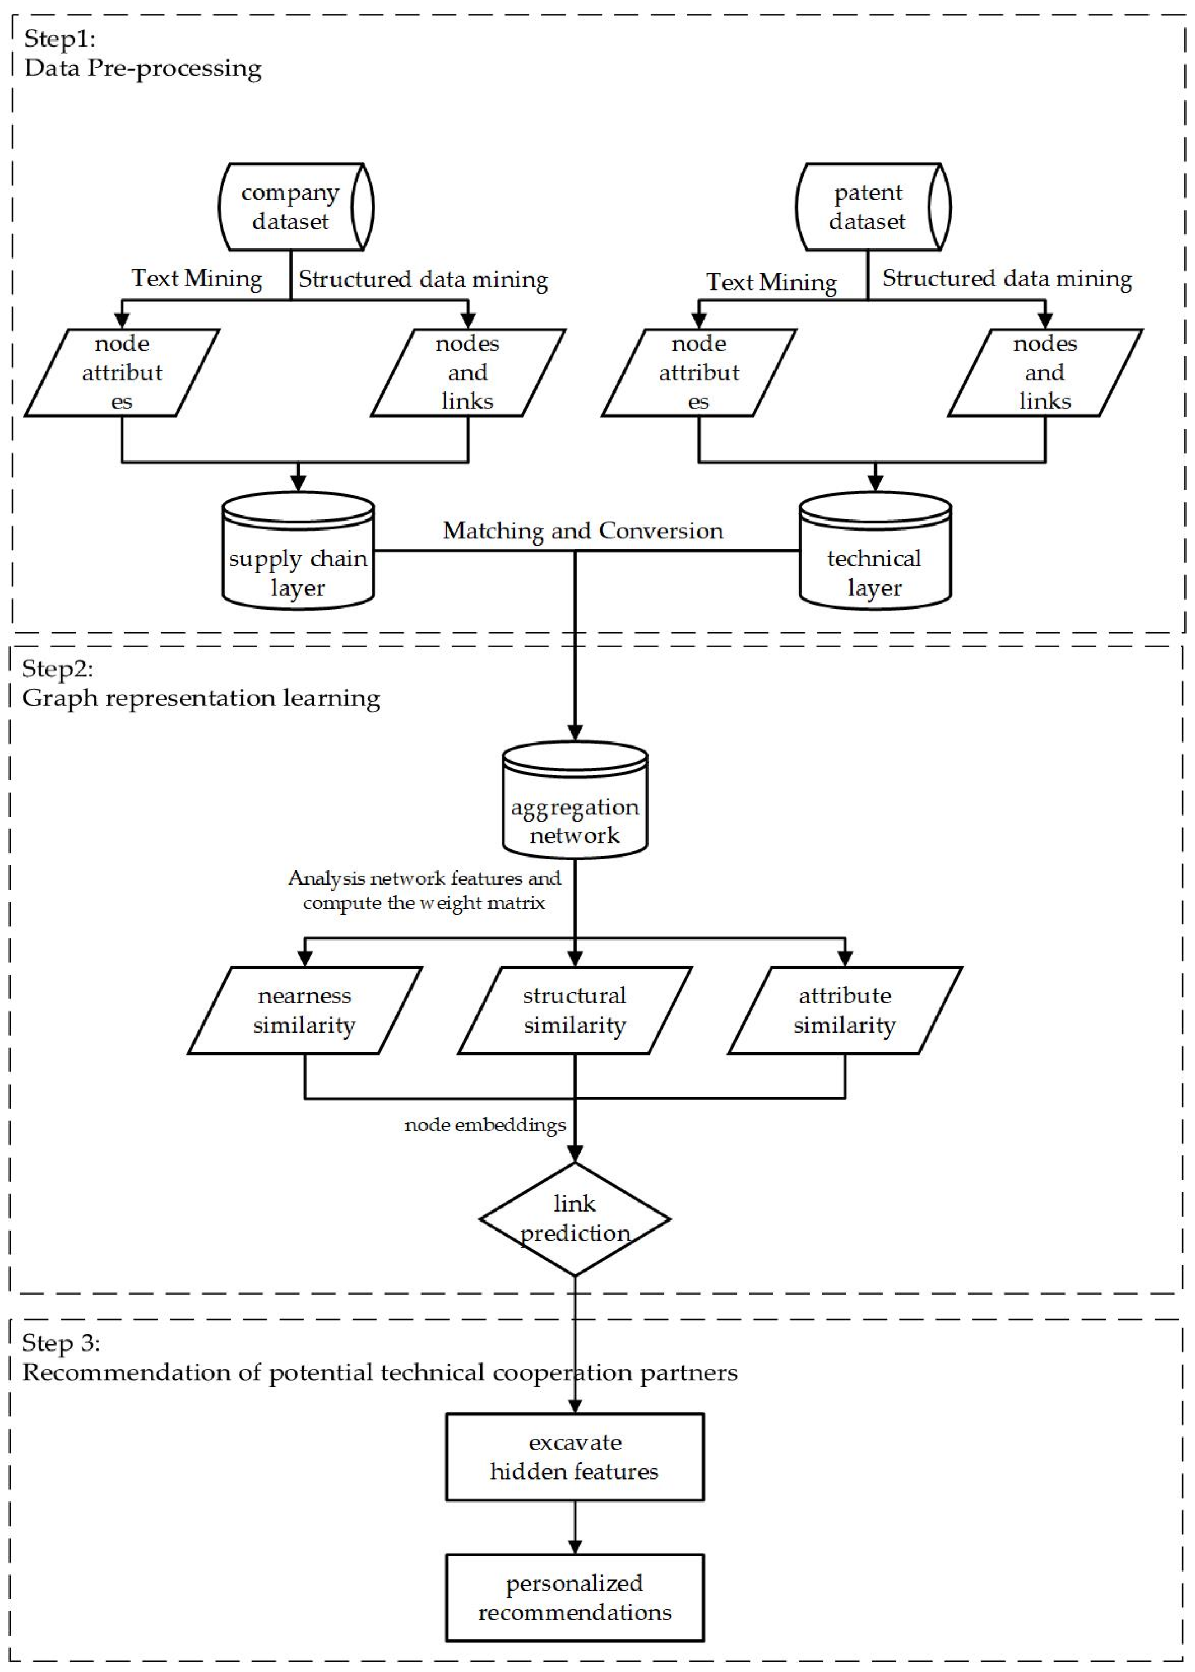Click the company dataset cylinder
tap(294, 207)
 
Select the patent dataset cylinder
tap(871, 207)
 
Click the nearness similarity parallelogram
tap(305, 1010)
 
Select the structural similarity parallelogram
tap(575, 1010)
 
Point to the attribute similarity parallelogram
tap(845, 1010)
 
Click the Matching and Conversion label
tap(583, 531)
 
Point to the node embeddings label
tap(485, 1125)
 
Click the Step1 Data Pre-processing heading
tap(143, 54)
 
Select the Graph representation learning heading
tap(201, 698)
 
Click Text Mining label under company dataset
tap(197, 278)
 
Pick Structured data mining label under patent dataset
tap(1007, 278)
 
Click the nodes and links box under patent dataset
tap(1045, 372)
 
